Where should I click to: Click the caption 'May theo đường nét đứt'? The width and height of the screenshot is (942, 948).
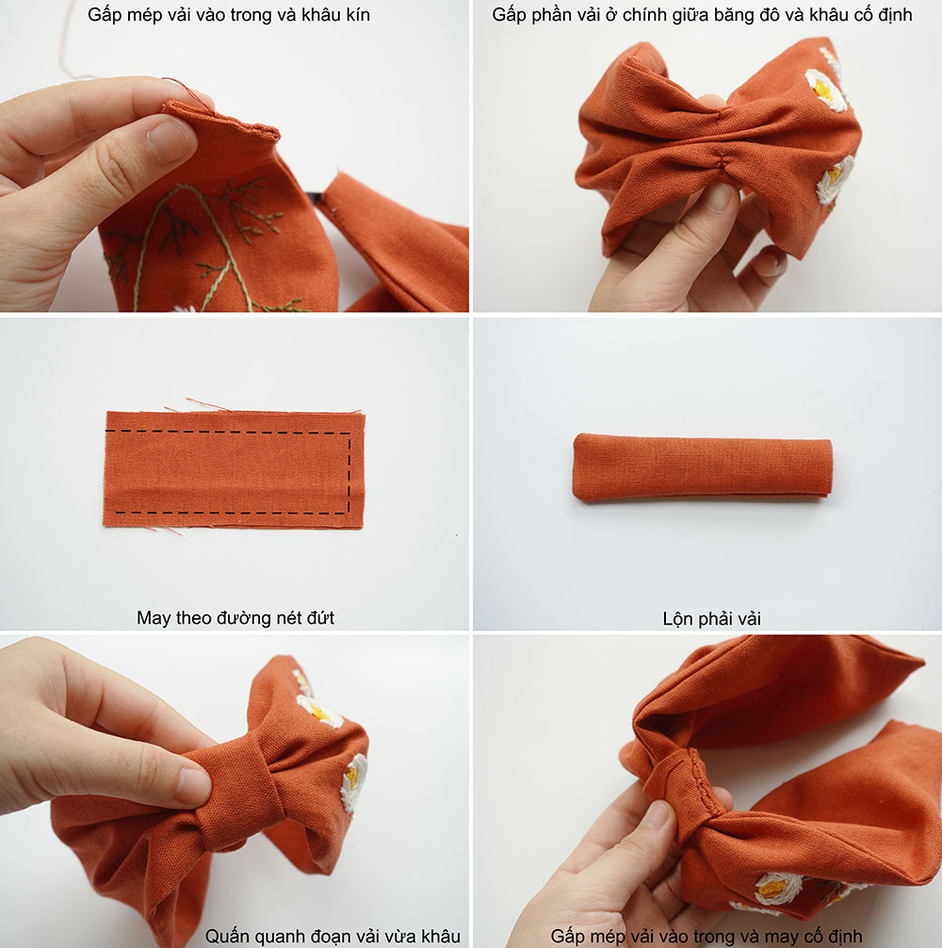(x=235, y=617)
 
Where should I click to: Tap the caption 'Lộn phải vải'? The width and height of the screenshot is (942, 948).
(x=711, y=618)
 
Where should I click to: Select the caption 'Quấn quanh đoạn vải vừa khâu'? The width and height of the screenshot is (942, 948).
(x=333, y=936)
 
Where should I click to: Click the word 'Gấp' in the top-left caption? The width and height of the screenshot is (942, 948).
(x=105, y=14)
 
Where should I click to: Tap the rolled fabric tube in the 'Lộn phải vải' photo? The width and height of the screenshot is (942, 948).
(x=702, y=466)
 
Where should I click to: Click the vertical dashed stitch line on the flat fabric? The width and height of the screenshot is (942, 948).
(x=349, y=473)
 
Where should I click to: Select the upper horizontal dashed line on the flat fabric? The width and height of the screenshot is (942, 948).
(x=228, y=432)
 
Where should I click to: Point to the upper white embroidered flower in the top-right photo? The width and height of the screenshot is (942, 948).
(x=825, y=90)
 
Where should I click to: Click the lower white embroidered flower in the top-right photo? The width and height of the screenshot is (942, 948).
(x=836, y=179)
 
